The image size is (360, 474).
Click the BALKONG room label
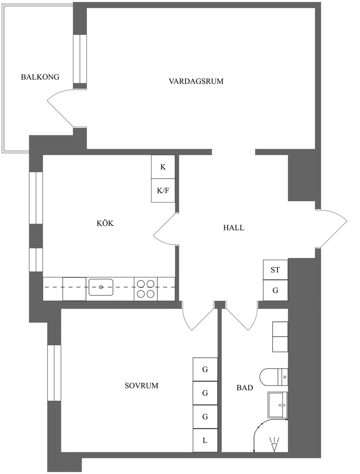point(40,77)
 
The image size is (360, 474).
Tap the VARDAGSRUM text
point(196,81)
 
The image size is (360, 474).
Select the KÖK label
point(105,223)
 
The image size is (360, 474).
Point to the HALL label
point(233,227)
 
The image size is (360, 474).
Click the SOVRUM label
point(141,386)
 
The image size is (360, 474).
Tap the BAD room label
point(244,388)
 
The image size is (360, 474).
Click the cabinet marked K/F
point(163,190)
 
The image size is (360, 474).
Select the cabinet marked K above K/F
point(163,167)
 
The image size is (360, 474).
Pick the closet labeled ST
point(275,270)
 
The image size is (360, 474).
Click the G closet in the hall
point(275,290)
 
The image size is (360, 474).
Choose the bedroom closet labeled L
point(205,441)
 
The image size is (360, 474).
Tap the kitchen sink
point(101,287)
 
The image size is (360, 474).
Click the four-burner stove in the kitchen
point(146,289)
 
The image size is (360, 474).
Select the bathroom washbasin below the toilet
point(278,405)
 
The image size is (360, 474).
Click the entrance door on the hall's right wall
point(333,228)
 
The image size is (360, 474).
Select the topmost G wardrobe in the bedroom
point(205,369)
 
